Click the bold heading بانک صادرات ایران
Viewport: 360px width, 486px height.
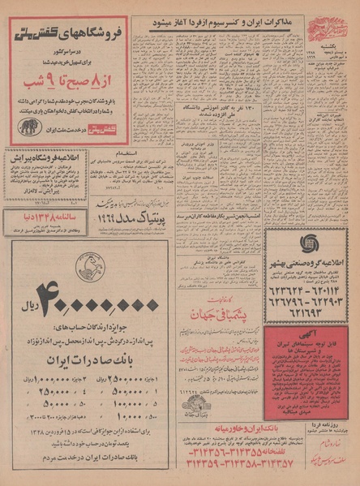pyautogui.click(x=66, y=358)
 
